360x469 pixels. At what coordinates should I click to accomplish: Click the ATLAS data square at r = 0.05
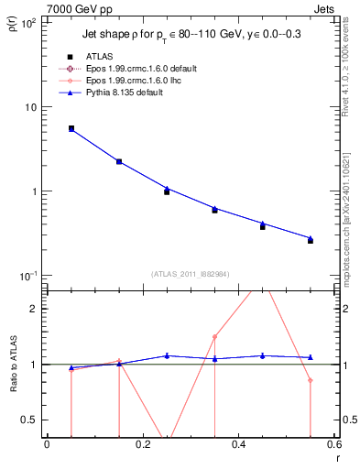(x=71, y=128)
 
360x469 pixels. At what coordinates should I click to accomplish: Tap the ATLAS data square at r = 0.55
(x=311, y=241)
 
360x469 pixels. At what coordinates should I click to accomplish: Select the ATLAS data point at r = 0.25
(x=167, y=191)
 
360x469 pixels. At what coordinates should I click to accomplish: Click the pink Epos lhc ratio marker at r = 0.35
(x=214, y=337)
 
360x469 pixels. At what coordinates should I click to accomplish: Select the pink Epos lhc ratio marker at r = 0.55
(x=311, y=380)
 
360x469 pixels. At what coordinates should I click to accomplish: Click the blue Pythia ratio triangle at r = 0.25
(x=167, y=355)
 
